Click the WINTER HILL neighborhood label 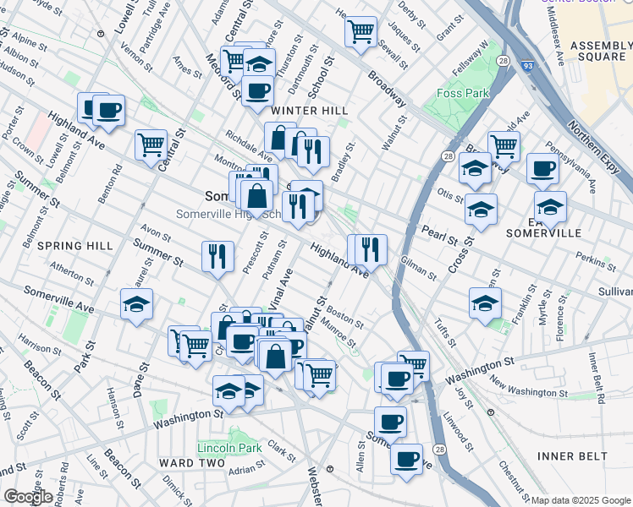click(309, 111)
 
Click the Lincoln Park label click(229, 447)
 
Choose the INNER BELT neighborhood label click(572, 456)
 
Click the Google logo click(29, 497)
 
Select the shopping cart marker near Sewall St click(361, 32)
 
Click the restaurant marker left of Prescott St click(218, 255)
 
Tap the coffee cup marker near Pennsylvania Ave click(542, 167)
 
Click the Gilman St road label click(419, 269)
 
